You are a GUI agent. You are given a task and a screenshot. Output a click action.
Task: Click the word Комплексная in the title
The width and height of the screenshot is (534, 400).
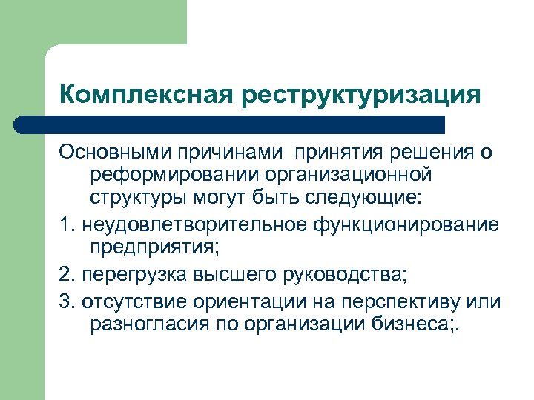pos(145,95)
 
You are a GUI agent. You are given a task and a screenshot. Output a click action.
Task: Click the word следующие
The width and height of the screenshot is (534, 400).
pos(378,199)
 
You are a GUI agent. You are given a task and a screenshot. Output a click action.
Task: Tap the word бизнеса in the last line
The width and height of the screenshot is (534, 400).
pos(420,327)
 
